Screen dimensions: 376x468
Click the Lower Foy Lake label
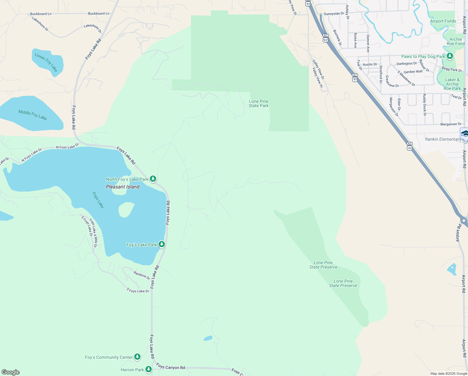coord(46,62)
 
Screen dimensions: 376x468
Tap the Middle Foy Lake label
coord(33,115)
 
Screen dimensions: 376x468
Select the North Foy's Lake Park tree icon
coord(153,179)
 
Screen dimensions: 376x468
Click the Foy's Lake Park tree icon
coord(162,244)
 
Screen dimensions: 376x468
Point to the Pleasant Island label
coord(123,187)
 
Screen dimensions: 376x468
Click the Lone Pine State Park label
coord(259,104)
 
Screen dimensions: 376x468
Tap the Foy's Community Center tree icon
coord(137,357)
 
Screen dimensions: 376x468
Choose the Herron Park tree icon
coord(149,370)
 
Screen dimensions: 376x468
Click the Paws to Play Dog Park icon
coord(450,56)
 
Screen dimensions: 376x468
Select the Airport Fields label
coord(443,21)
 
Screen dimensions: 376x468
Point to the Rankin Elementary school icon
coord(465,134)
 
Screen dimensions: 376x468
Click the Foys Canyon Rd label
coord(171,367)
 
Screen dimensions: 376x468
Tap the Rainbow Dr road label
coord(142,275)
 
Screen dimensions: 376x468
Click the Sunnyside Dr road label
coord(334,14)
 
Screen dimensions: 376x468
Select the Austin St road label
coord(370,65)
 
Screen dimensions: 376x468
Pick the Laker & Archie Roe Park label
coord(452,84)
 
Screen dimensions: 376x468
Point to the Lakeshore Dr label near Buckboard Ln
coord(40,24)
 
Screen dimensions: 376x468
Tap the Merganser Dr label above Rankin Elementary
coord(451,124)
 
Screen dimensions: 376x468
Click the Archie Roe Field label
coord(455,42)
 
